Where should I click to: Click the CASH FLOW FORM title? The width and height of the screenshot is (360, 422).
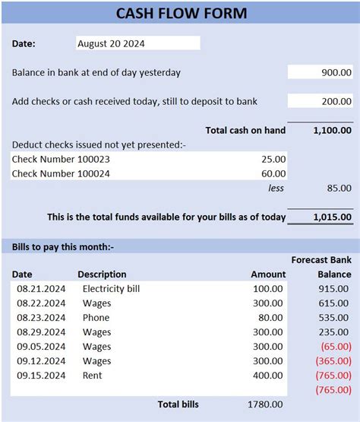click(182, 14)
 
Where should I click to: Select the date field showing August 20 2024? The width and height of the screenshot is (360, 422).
click(137, 43)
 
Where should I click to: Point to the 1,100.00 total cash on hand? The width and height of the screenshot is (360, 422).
click(332, 130)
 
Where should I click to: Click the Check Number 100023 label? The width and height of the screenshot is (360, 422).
click(61, 159)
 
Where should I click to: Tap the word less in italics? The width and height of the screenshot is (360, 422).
click(276, 188)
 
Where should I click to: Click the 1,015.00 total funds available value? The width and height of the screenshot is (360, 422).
click(332, 217)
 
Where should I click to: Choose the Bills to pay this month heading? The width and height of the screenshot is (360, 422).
click(62, 246)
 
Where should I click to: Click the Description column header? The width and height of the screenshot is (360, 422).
click(102, 274)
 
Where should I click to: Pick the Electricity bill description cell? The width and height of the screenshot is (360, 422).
click(111, 289)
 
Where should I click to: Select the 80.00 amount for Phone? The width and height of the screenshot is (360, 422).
click(270, 318)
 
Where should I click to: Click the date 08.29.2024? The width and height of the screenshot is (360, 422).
click(41, 332)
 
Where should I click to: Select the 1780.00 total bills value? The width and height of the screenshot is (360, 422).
click(266, 405)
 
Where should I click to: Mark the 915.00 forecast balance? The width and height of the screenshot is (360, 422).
click(334, 289)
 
